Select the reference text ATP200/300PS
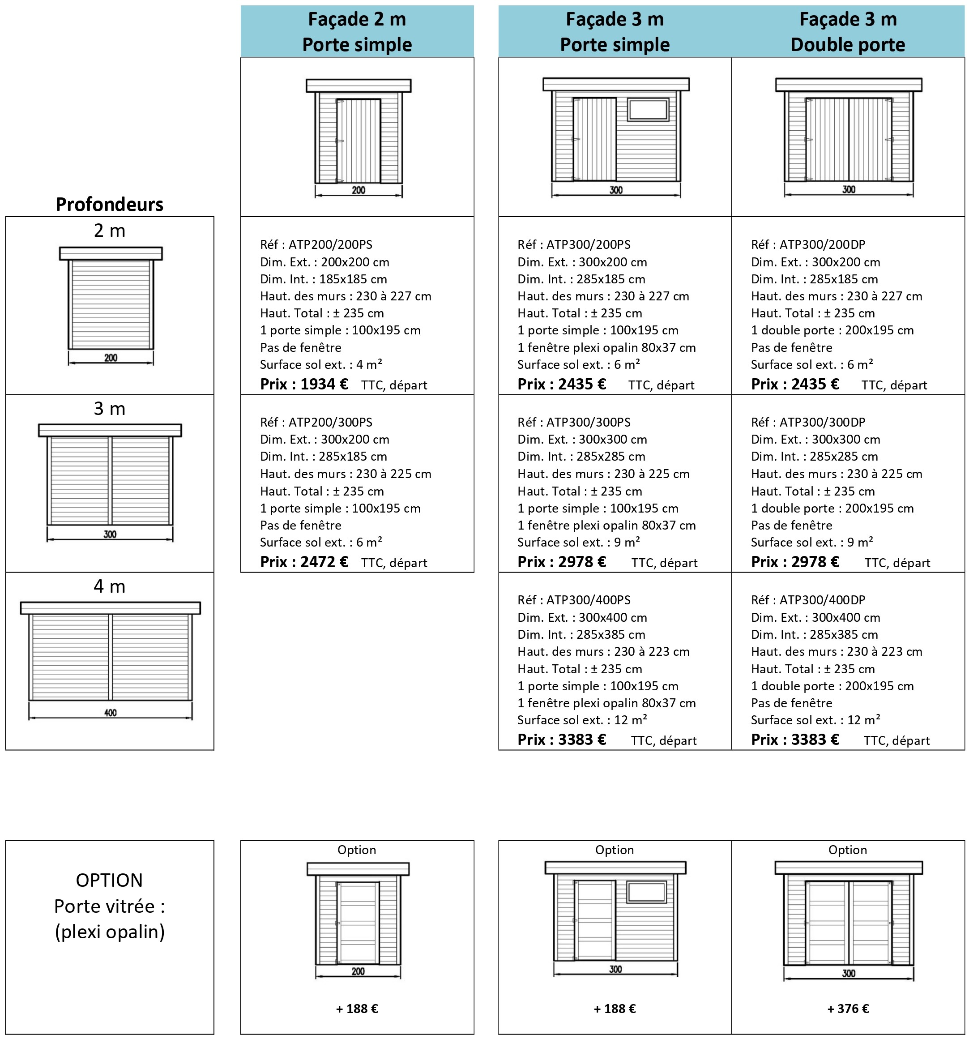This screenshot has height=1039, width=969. coord(316,422)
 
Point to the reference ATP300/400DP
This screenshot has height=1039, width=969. coord(808,599)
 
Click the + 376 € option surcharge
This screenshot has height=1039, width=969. coord(848,1009)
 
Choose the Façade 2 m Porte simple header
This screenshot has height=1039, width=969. coord(357,31)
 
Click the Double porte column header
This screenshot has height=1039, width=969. coord(848,31)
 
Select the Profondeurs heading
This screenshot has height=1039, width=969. coord(109,204)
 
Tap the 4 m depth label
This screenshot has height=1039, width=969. coord(109,586)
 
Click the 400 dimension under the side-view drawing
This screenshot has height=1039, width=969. coord(110,712)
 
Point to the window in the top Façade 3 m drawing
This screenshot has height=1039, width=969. coord(648,110)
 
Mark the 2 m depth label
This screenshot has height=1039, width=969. coord(109,231)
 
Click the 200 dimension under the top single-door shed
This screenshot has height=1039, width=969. coord(359,190)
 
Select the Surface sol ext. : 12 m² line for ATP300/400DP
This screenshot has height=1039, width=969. coord(815,720)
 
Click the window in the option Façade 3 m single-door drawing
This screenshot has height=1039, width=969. coord(647,892)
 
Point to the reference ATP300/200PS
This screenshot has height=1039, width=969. coord(574,244)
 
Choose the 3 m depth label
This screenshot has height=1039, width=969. coord(109,409)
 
